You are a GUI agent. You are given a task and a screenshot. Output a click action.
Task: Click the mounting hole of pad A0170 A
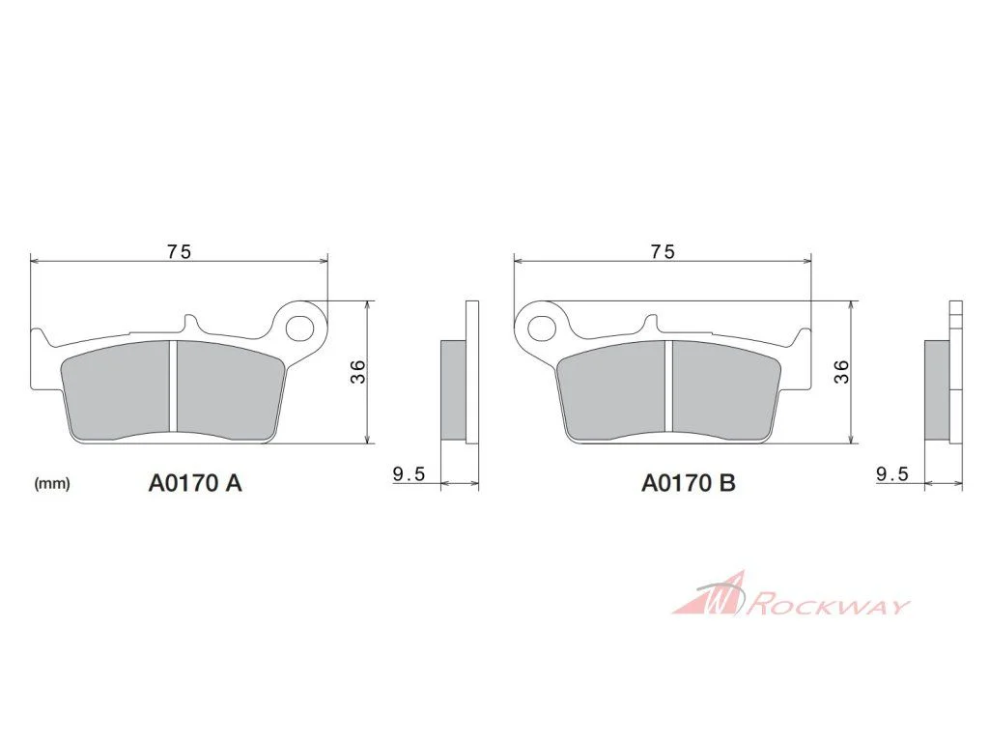pyautogui.click(x=300, y=328)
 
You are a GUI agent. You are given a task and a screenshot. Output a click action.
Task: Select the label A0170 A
pyautogui.click(x=195, y=483)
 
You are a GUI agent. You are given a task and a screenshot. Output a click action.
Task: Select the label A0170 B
pyautogui.click(x=688, y=483)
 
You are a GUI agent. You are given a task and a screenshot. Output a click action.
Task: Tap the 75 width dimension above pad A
pyautogui.click(x=179, y=252)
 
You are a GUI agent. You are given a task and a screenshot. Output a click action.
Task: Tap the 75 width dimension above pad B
pyautogui.click(x=663, y=252)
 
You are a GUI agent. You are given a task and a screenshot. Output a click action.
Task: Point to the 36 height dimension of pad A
pyautogui.click(x=357, y=372)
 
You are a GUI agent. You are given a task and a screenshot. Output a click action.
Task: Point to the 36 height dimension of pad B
pyautogui.click(x=841, y=372)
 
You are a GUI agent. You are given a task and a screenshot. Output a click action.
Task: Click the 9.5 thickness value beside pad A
pyautogui.click(x=409, y=473)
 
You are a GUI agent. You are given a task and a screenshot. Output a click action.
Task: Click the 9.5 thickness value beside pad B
pyautogui.click(x=892, y=473)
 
